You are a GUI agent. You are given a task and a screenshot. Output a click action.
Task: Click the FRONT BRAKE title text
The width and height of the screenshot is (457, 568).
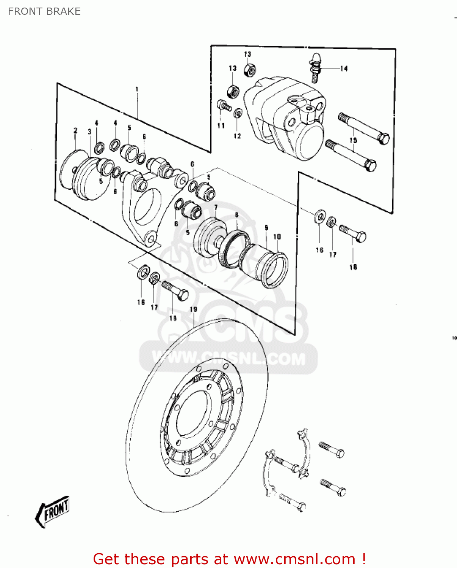tap(44, 11)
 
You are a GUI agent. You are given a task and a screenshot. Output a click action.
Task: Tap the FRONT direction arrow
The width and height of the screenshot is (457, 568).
tap(53, 511)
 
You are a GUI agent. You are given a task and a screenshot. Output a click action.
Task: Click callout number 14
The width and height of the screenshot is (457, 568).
tap(344, 69)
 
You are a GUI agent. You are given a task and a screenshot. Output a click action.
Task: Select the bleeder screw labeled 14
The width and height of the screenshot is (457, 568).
tap(315, 68)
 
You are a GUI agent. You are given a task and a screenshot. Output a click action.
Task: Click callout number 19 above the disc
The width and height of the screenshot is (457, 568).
tap(193, 309)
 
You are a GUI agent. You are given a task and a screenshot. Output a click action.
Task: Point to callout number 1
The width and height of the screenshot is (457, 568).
tap(137, 89)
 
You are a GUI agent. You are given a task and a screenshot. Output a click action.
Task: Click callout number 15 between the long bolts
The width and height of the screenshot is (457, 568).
tap(353, 140)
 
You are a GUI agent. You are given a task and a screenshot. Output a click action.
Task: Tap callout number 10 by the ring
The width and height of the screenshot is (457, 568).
tap(277, 237)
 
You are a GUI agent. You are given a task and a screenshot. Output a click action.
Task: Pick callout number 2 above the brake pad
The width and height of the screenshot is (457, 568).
tap(75, 130)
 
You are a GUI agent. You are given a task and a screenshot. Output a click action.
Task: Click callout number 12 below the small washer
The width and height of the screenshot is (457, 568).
tap(237, 136)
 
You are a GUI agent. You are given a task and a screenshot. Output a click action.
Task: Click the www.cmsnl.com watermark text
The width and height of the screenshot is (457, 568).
tap(228, 358)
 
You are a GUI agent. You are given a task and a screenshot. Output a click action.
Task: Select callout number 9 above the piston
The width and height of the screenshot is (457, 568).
tap(266, 228)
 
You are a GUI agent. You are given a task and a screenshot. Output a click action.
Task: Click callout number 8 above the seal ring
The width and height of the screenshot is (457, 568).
tap(236, 215)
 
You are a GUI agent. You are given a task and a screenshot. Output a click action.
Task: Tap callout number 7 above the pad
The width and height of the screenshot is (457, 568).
tap(216, 208)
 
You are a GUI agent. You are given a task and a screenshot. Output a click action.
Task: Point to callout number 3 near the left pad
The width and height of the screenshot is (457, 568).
tap(89, 132)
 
